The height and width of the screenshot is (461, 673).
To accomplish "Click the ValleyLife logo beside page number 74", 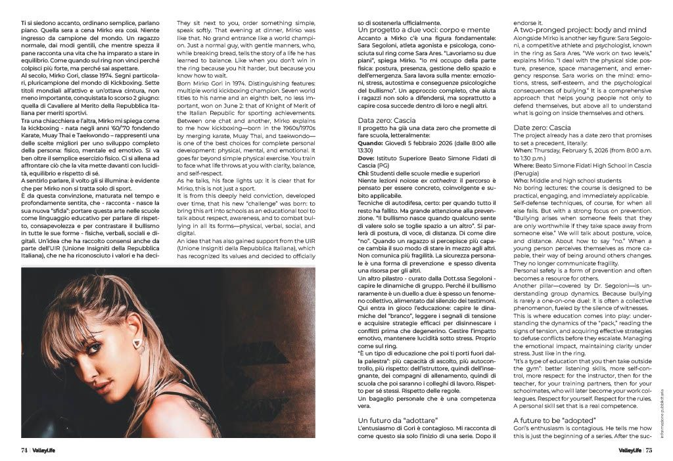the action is (47, 450).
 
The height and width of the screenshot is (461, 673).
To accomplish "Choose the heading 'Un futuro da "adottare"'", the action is (398, 419).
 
